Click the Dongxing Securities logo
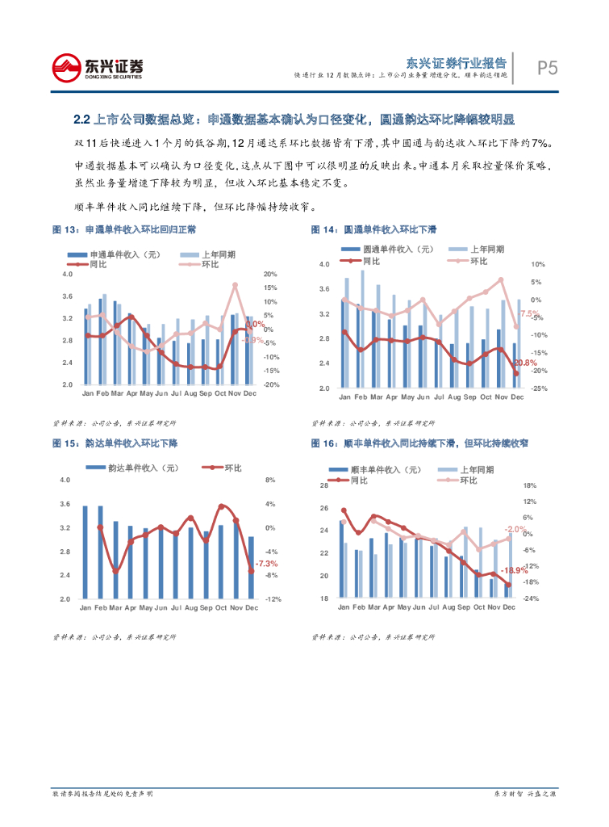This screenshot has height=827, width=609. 98,67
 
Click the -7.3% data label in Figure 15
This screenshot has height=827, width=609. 266,564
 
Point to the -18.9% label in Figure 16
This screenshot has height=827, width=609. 514,571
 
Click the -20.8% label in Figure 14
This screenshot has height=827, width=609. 525,363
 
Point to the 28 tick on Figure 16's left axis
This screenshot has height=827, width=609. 323,485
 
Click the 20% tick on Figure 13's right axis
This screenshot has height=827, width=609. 270,274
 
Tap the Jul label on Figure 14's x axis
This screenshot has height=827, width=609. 439,397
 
